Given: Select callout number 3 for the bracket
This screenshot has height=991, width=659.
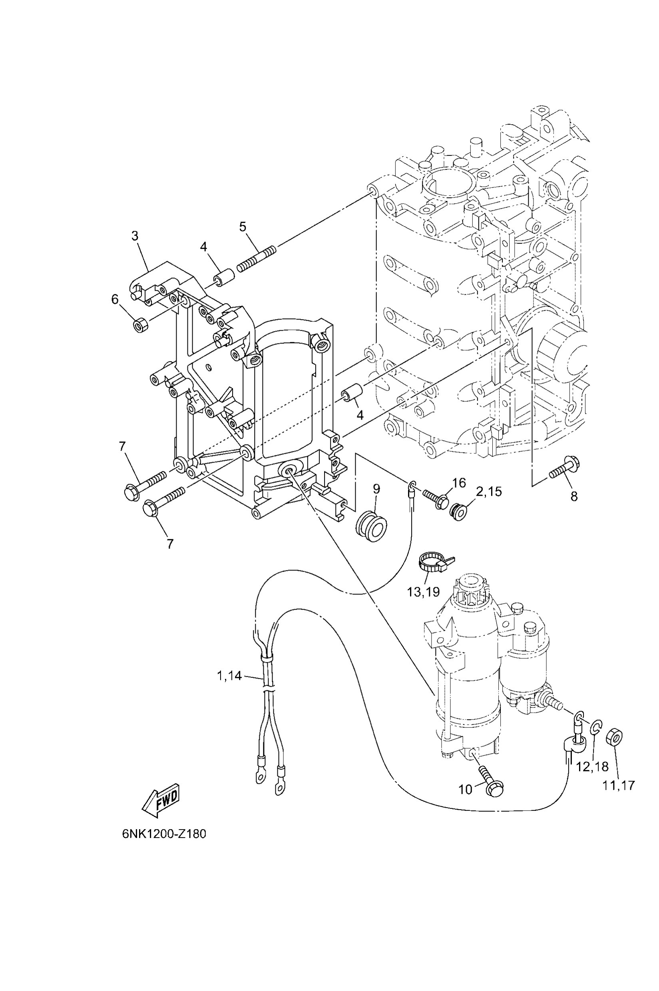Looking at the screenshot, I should click(x=135, y=236).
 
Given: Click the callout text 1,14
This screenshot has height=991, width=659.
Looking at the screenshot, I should click(x=229, y=676).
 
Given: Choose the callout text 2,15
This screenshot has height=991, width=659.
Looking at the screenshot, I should click(x=489, y=492).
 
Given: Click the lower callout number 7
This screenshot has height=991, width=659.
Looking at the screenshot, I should click(x=170, y=544).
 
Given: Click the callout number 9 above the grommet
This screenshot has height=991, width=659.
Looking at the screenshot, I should click(x=376, y=489).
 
